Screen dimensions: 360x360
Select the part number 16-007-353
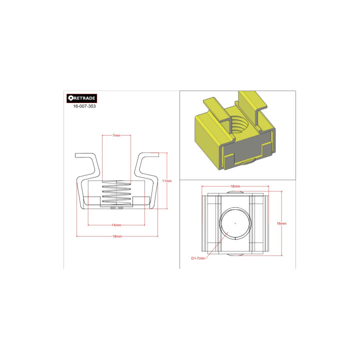84,106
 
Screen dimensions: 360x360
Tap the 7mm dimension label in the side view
116,135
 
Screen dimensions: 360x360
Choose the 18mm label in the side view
117,236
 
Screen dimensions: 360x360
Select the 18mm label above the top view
234,186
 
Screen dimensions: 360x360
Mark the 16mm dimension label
281,223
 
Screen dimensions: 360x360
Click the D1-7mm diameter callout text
198,258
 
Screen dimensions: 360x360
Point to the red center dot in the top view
235,223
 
